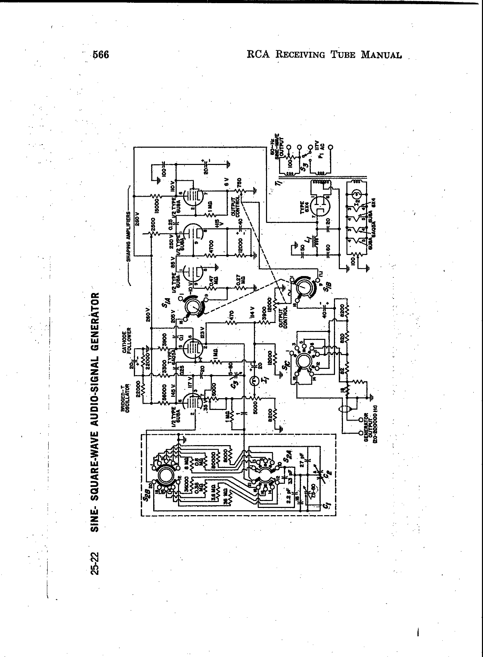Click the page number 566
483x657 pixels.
(101, 55)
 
